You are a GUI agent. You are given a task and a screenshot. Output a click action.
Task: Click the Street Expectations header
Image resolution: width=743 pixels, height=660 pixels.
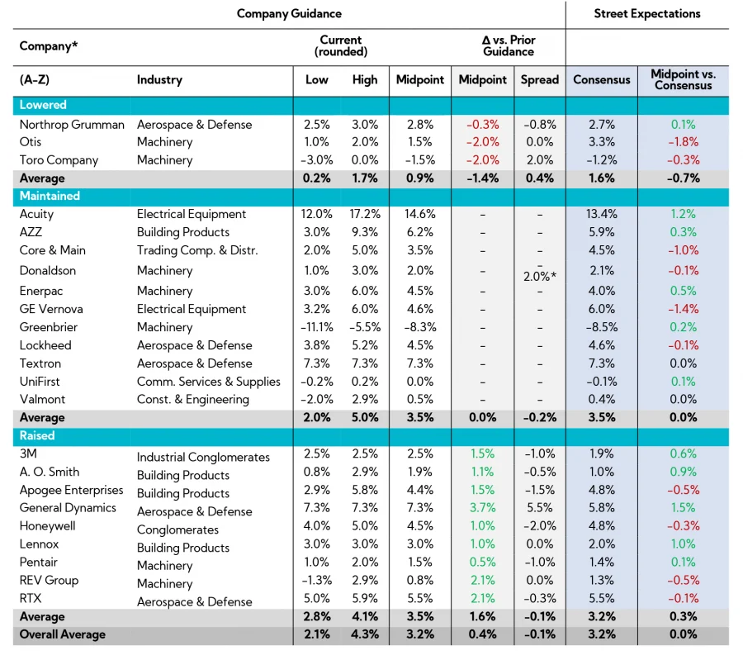pyautogui.click(x=647, y=13)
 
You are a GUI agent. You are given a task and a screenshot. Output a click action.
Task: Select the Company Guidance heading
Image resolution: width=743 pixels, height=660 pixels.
pyautogui.click(x=289, y=13)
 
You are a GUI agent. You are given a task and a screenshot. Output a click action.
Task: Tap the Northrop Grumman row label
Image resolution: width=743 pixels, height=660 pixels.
pyautogui.click(x=72, y=125)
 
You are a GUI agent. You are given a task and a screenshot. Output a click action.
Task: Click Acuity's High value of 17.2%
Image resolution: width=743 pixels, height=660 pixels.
pyautogui.click(x=364, y=214)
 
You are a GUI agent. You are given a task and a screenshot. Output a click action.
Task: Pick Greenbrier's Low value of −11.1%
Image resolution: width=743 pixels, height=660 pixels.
pyautogui.click(x=317, y=327)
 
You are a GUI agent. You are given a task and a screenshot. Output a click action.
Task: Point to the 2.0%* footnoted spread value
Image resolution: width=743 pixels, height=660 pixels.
pyautogui.click(x=538, y=277)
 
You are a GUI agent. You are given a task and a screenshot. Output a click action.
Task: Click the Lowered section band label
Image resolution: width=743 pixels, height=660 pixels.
pyautogui.click(x=43, y=105)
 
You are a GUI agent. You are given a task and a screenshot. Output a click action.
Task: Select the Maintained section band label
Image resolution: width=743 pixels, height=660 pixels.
pyautogui.click(x=50, y=196)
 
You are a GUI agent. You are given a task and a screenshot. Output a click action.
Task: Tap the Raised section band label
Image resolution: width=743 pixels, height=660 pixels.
pyautogui.click(x=37, y=435)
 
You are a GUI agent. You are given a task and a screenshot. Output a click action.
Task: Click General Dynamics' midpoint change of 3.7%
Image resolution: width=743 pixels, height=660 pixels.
pyautogui.click(x=482, y=508)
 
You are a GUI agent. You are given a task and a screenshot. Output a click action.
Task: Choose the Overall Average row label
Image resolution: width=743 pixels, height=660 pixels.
pyautogui.click(x=63, y=634)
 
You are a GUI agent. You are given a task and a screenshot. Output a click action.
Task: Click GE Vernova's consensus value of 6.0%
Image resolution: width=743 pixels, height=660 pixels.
pyautogui.click(x=601, y=309)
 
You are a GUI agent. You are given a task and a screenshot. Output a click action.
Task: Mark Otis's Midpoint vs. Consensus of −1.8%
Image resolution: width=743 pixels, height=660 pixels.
pyautogui.click(x=683, y=142)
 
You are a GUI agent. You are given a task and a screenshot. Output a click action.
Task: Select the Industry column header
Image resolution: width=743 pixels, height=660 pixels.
pyautogui.click(x=159, y=80)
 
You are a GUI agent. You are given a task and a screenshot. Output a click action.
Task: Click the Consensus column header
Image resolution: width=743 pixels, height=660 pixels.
pyautogui.click(x=601, y=80)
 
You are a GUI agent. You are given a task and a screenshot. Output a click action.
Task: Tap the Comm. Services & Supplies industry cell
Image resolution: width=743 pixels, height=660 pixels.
pyautogui.click(x=209, y=382)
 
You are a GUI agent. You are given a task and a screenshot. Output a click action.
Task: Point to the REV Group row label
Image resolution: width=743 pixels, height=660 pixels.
pyautogui.click(x=49, y=580)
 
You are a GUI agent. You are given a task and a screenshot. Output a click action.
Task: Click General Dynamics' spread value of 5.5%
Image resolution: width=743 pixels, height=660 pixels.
pyautogui.click(x=538, y=508)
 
